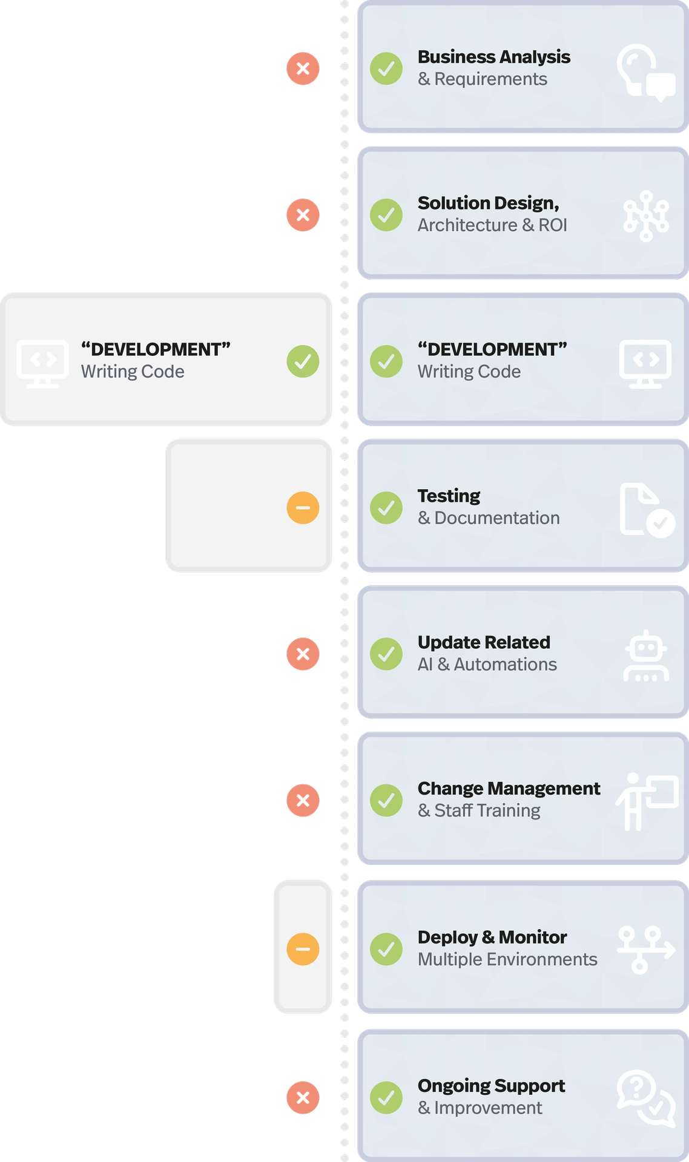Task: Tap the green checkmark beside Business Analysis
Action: pyautogui.click(x=386, y=68)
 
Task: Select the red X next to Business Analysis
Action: pyautogui.click(x=303, y=68)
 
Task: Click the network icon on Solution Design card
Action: pyautogui.click(x=646, y=216)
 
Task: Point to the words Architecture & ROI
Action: pyautogui.click(x=492, y=225)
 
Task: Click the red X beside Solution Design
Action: pyautogui.click(x=303, y=215)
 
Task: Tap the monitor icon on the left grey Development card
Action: pyautogui.click(x=42, y=363)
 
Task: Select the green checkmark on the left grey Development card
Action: pyautogui.click(x=303, y=361)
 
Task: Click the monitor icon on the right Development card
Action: pyautogui.click(x=645, y=363)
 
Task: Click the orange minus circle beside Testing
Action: pyautogui.click(x=303, y=507)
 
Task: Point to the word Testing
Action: pyautogui.click(x=449, y=496)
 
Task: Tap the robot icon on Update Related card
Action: pyautogui.click(x=646, y=656)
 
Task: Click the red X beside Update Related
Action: pyautogui.click(x=303, y=654)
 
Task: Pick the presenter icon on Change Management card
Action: pyautogui.click(x=646, y=801)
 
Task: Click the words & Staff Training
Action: pyautogui.click(x=479, y=810)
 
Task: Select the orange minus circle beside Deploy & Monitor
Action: pyautogui.click(x=303, y=948)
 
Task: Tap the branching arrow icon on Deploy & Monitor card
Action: pyautogui.click(x=645, y=950)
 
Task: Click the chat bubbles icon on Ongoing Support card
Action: pyautogui.click(x=646, y=1098)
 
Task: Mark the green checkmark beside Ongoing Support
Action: pyautogui.click(x=386, y=1097)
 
